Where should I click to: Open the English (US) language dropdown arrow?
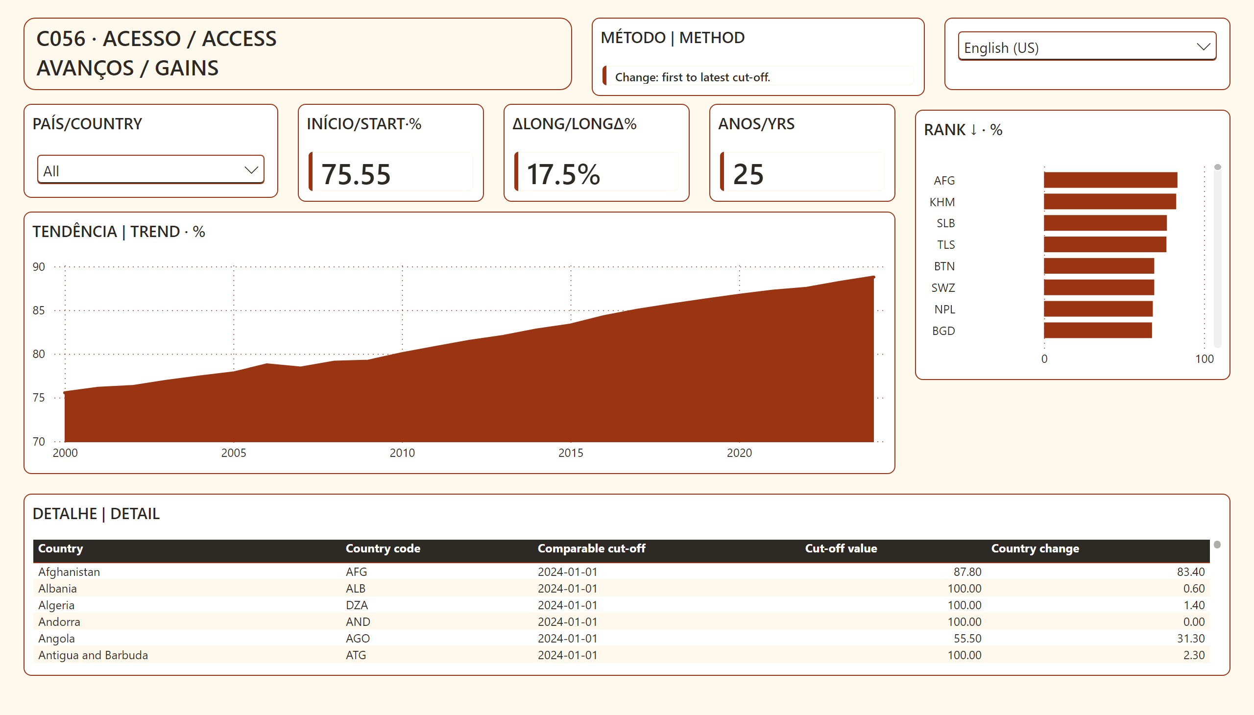click(x=1203, y=47)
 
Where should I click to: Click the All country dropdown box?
click(x=151, y=170)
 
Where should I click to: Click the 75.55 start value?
click(x=356, y=174)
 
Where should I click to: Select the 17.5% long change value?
click(x=563, y=174)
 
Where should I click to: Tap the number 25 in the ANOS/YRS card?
click(x=748, y=174)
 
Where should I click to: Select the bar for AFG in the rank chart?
click(x=1110, y=180)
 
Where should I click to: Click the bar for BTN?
click(x=1099, y=266)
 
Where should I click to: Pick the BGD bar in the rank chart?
click(x=1098, y=331)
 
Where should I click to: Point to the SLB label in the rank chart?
click(x=945, y=223)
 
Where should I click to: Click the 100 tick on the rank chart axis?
click(x=1205, y=359)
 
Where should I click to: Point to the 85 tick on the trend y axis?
click(x=39, y=310)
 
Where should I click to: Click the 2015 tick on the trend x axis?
click(x=571, y=453)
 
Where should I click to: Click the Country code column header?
click(x=383, y=548)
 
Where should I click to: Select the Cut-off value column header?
click(x=841, y=548)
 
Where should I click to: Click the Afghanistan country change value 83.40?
click(x=1191, y=572)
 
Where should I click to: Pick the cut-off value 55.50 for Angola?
click(x=967, y=639)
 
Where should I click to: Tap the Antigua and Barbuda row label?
click(x=93, y=655)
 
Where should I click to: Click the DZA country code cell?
click(x=357, y=605)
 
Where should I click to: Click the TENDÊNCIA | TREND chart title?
click(x=119, y=231)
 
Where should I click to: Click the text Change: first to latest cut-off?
click(x=693, y=77)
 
